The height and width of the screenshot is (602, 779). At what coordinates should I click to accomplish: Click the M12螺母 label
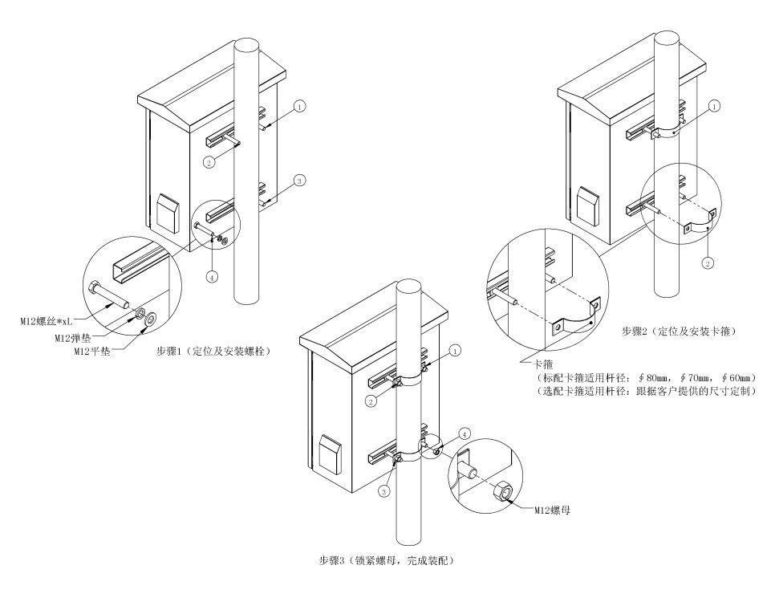tap(552, 510)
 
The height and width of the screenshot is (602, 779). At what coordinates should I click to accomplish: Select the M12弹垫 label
tap(72, 339)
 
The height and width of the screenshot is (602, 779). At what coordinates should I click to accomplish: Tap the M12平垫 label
tap(92, 352)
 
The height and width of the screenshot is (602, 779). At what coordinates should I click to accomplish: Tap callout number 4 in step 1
tap(212, 277)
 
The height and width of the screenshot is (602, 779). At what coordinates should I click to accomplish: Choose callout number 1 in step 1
tap(299, 106)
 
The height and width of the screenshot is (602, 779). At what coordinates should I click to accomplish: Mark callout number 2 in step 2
tap(708, 263)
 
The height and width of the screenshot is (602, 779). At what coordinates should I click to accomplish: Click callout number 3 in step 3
tap(384, 492)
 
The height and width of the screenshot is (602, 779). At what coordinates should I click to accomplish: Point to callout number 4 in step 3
tap(464, 434)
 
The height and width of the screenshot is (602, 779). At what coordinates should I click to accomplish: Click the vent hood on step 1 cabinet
tap(168, 213)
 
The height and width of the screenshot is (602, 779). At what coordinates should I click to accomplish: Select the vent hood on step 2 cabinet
tap(588, 206)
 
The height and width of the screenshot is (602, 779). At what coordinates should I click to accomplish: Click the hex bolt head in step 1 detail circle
tap(94, 288)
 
